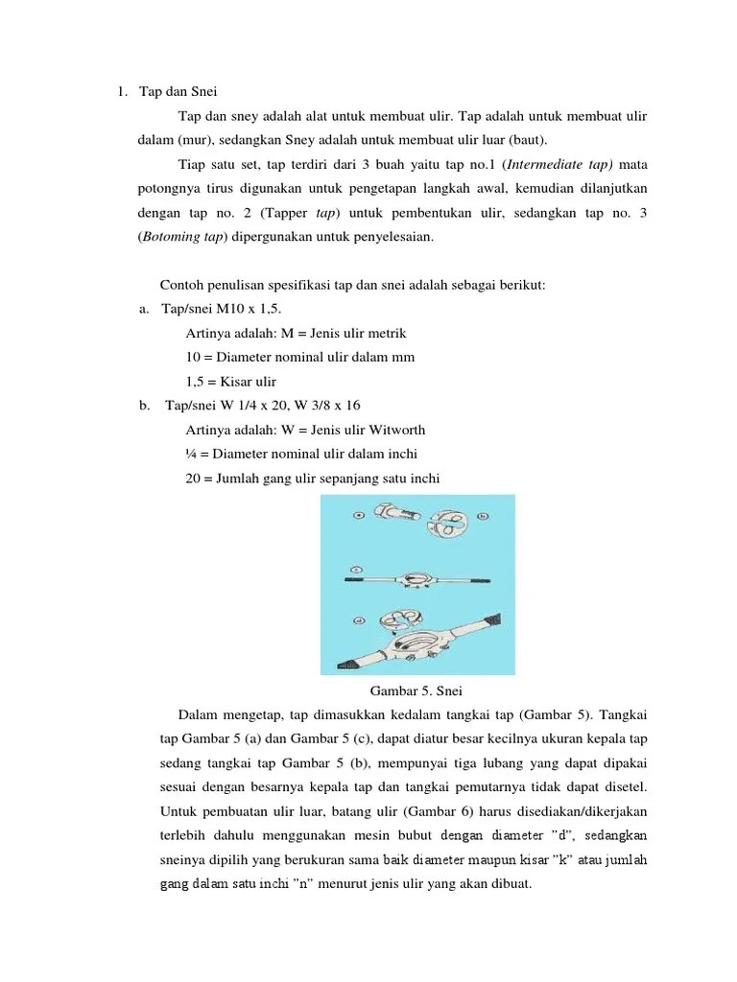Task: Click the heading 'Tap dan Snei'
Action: point(179,92)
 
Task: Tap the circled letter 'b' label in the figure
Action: point(483,515)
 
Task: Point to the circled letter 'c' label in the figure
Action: point(356,569)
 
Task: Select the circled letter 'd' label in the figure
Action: point(358,620)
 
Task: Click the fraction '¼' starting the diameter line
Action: point(192,454)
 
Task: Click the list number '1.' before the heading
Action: point(123,92)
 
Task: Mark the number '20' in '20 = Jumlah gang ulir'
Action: point(194,478)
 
